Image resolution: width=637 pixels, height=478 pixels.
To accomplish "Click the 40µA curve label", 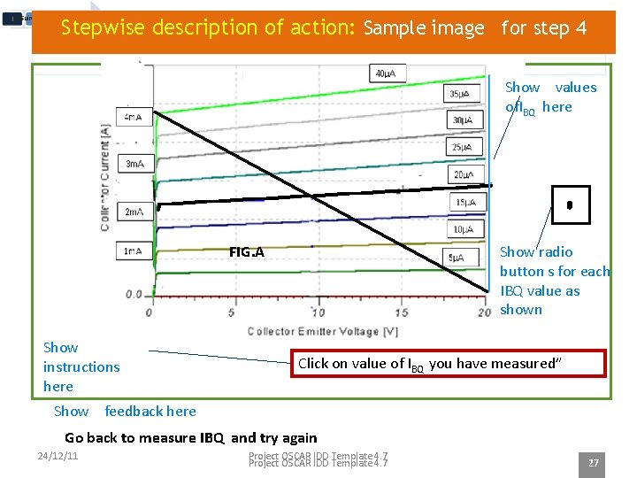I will [385, 73].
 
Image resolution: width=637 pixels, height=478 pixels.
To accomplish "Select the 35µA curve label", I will [459, 94].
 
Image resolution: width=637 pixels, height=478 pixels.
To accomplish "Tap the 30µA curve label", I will [462, 120].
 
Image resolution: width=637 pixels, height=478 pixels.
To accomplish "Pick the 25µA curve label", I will [462, 147].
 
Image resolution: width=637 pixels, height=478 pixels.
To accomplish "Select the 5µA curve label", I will [456, 258].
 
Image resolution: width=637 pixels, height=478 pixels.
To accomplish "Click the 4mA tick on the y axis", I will [134, 117].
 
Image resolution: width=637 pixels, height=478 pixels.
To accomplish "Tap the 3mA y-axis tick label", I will [134, 164].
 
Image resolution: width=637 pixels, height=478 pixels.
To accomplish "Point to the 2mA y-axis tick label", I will [134, 212].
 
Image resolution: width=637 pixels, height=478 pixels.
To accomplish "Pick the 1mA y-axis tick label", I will [134, 251].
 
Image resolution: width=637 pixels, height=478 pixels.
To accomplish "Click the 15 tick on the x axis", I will [401, 312].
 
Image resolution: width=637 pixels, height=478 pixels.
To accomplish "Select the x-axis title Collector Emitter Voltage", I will [322, 332].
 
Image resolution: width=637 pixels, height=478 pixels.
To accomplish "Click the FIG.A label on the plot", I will [246, 251].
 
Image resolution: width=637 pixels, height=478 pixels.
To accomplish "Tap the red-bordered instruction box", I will [450, 364].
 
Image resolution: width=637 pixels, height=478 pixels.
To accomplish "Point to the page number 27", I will [594, 463].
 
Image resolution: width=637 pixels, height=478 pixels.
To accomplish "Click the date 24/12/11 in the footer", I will [58, 456].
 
